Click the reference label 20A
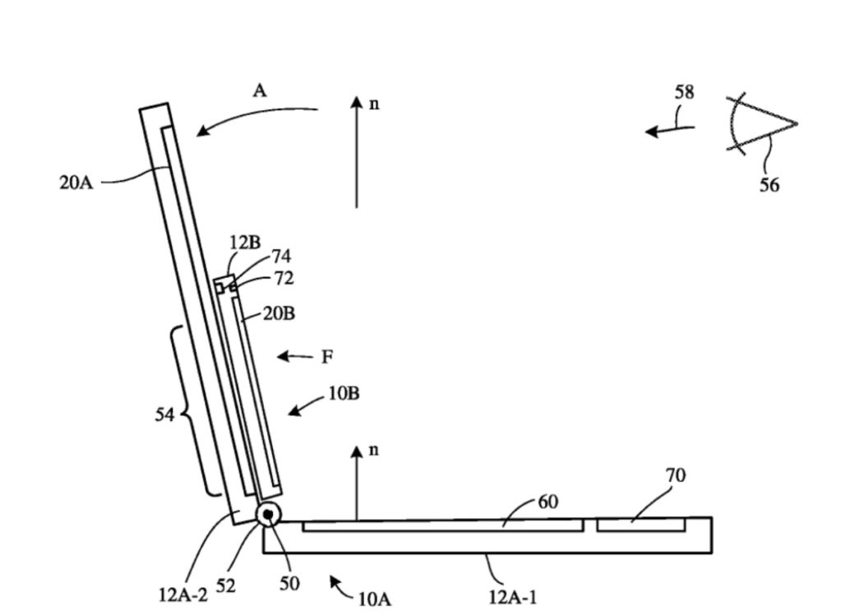pyautogui.click(x=76, y=183)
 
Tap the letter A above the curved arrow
pyautogui.click(x=260, y=91)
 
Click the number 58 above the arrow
pyautogui.click(x=684, y=92)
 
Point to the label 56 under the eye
pyautogui.click(x=769, y=186)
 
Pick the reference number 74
pyautogui.click(x=280, y=257)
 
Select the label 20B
pyautogui.click(x=279, y=313)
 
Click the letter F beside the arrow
pyautogui.click(x=327, y=357)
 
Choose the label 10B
pyautogui.click(x=344, y=393)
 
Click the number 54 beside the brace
pyautogui.click(x=165, y=415)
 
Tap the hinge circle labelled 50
pyautogui.click(x=268, y=515)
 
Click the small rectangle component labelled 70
pyautogui.click(x=641, y=525)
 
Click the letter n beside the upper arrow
pyautogui.click(x=374, y=104)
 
